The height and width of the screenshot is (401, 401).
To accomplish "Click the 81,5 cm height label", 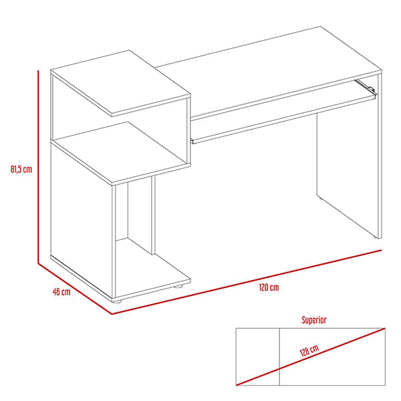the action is click(x=21, y=169).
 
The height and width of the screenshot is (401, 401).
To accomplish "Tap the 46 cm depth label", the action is click(x=61, y=292).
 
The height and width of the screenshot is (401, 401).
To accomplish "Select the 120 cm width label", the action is click(x=269, y=287).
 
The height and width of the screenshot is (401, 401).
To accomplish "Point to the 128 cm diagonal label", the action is click(x=309, y=350).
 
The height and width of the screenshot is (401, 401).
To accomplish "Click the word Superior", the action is click(x=314, y=320).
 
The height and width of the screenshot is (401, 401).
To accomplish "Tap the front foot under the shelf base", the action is click(x=117, y=301).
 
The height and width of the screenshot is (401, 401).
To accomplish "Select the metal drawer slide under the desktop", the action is click(x=365, y=87).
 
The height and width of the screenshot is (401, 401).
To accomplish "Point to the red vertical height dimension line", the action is click(x=38, y=167).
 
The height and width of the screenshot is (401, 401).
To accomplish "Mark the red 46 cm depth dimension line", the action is click(x=75, y=289).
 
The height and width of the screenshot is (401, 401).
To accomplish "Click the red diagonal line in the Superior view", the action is click(x=311, y=356).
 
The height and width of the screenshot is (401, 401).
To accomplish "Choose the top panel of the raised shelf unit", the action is click(x=120, y=83).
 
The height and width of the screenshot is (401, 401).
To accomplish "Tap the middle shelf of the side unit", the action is click(x=120, y=153).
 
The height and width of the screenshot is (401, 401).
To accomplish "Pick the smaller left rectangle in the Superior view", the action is click(x=257, y=356).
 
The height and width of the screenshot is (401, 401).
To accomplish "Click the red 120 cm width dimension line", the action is click(x=247, y=282).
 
